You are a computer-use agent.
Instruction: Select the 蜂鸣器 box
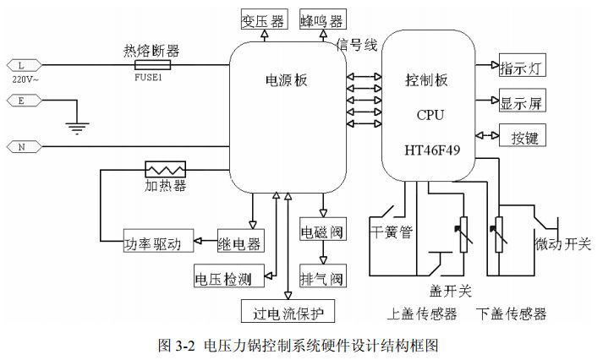tap(321, 19)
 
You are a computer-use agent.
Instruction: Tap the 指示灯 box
tap(522, 67)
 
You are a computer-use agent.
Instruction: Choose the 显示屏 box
tap(522, 101)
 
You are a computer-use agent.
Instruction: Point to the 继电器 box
tap(239, 243)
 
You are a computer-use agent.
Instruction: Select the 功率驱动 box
tap(157, 243)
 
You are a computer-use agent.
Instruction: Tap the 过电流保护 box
tap(288, 312)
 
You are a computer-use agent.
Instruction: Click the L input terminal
tap(19, 64)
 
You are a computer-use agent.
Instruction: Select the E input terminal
tap(19, 101)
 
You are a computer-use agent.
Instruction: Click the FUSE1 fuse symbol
tap(151, 64)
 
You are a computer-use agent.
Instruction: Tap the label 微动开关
tap(562, 244)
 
